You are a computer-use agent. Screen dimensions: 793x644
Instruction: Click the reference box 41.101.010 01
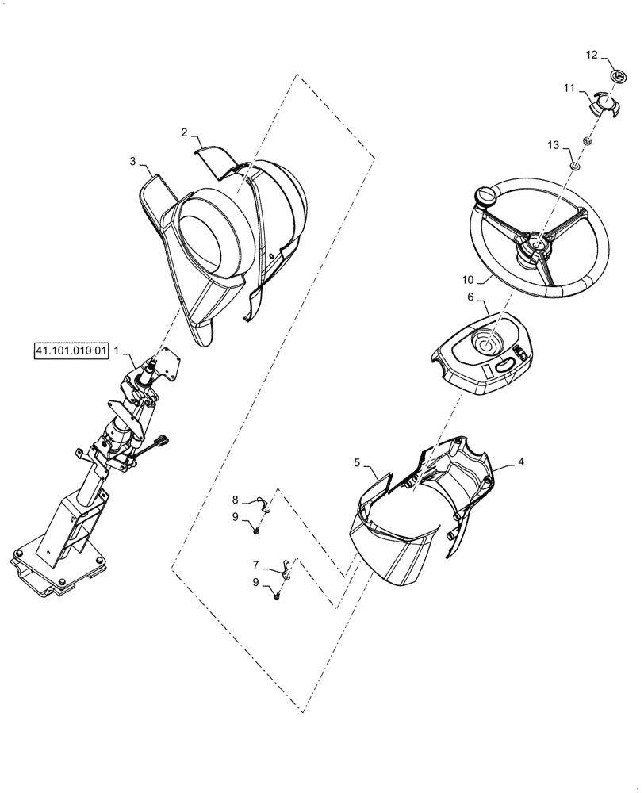71,351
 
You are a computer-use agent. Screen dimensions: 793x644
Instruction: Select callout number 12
592,55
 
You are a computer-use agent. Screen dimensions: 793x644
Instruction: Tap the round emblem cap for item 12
619,75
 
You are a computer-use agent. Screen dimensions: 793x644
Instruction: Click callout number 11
569,90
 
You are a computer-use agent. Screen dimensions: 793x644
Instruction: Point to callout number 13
553,145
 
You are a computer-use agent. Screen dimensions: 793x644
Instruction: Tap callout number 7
256,564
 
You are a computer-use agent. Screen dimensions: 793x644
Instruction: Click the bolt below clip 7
278,595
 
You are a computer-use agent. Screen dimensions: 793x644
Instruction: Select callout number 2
183,132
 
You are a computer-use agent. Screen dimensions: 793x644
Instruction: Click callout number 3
132,161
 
